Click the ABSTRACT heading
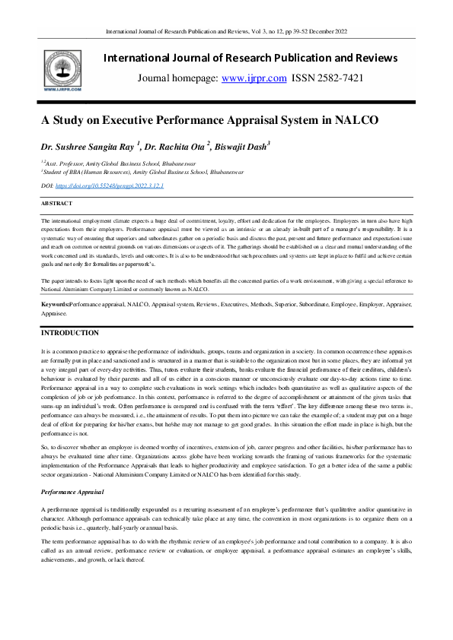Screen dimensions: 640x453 (57, 204)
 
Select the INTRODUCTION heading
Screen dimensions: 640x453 (69, 332)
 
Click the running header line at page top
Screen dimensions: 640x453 (226, 31)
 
